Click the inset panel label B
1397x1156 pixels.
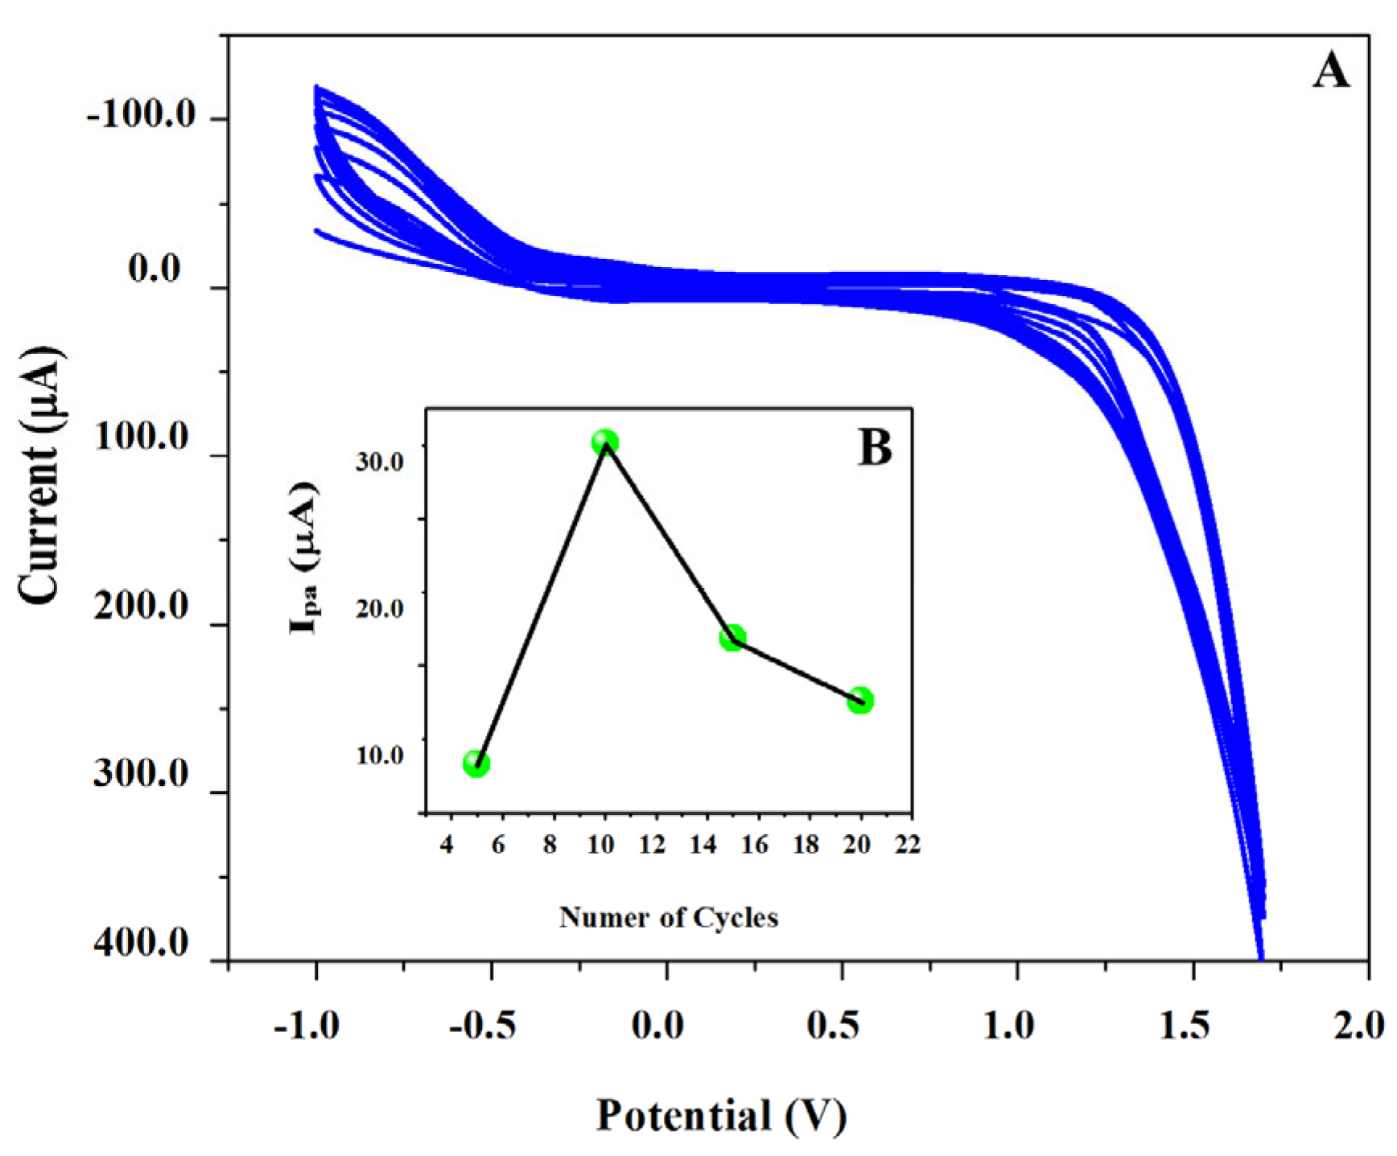[875, 448]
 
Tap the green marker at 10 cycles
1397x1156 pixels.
[605, 442]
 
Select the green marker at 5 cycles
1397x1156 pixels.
[476, 763]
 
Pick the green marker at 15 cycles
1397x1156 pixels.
[732, 638]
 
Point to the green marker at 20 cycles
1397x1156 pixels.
[860, 701]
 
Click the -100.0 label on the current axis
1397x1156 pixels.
[142, 116]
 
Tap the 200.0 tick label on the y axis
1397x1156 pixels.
[141, 605]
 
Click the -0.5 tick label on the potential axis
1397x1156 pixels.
[482, 1026]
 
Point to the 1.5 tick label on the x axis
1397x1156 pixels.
[1185, 1026]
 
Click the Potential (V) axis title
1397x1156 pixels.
[721, 1116]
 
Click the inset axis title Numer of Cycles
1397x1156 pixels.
[669, 917]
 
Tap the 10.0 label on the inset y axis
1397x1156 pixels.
[381, 756]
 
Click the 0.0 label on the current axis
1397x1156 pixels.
[155, 269]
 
